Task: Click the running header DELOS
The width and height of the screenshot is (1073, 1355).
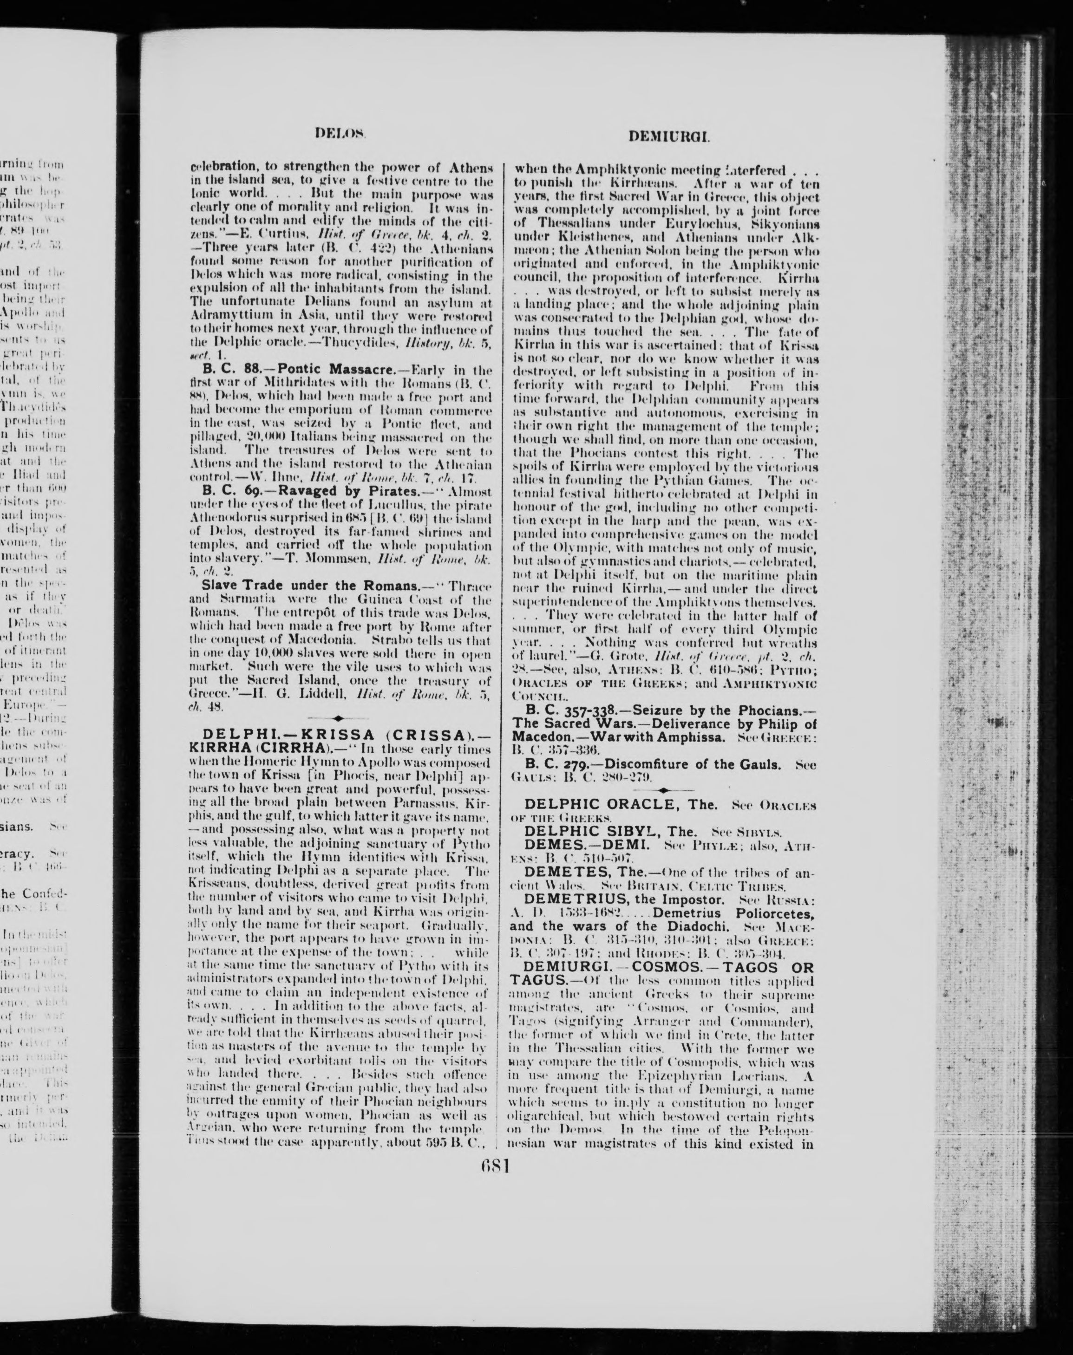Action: [339, 133]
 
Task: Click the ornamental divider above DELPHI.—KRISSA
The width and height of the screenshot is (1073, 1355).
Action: [339, 718]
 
